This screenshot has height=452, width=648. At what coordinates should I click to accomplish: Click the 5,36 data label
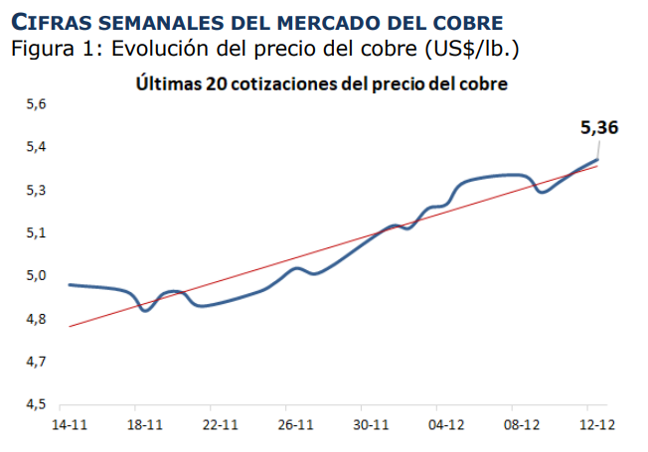point(598,127)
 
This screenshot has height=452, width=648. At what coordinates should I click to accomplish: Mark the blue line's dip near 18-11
point(146,311)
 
